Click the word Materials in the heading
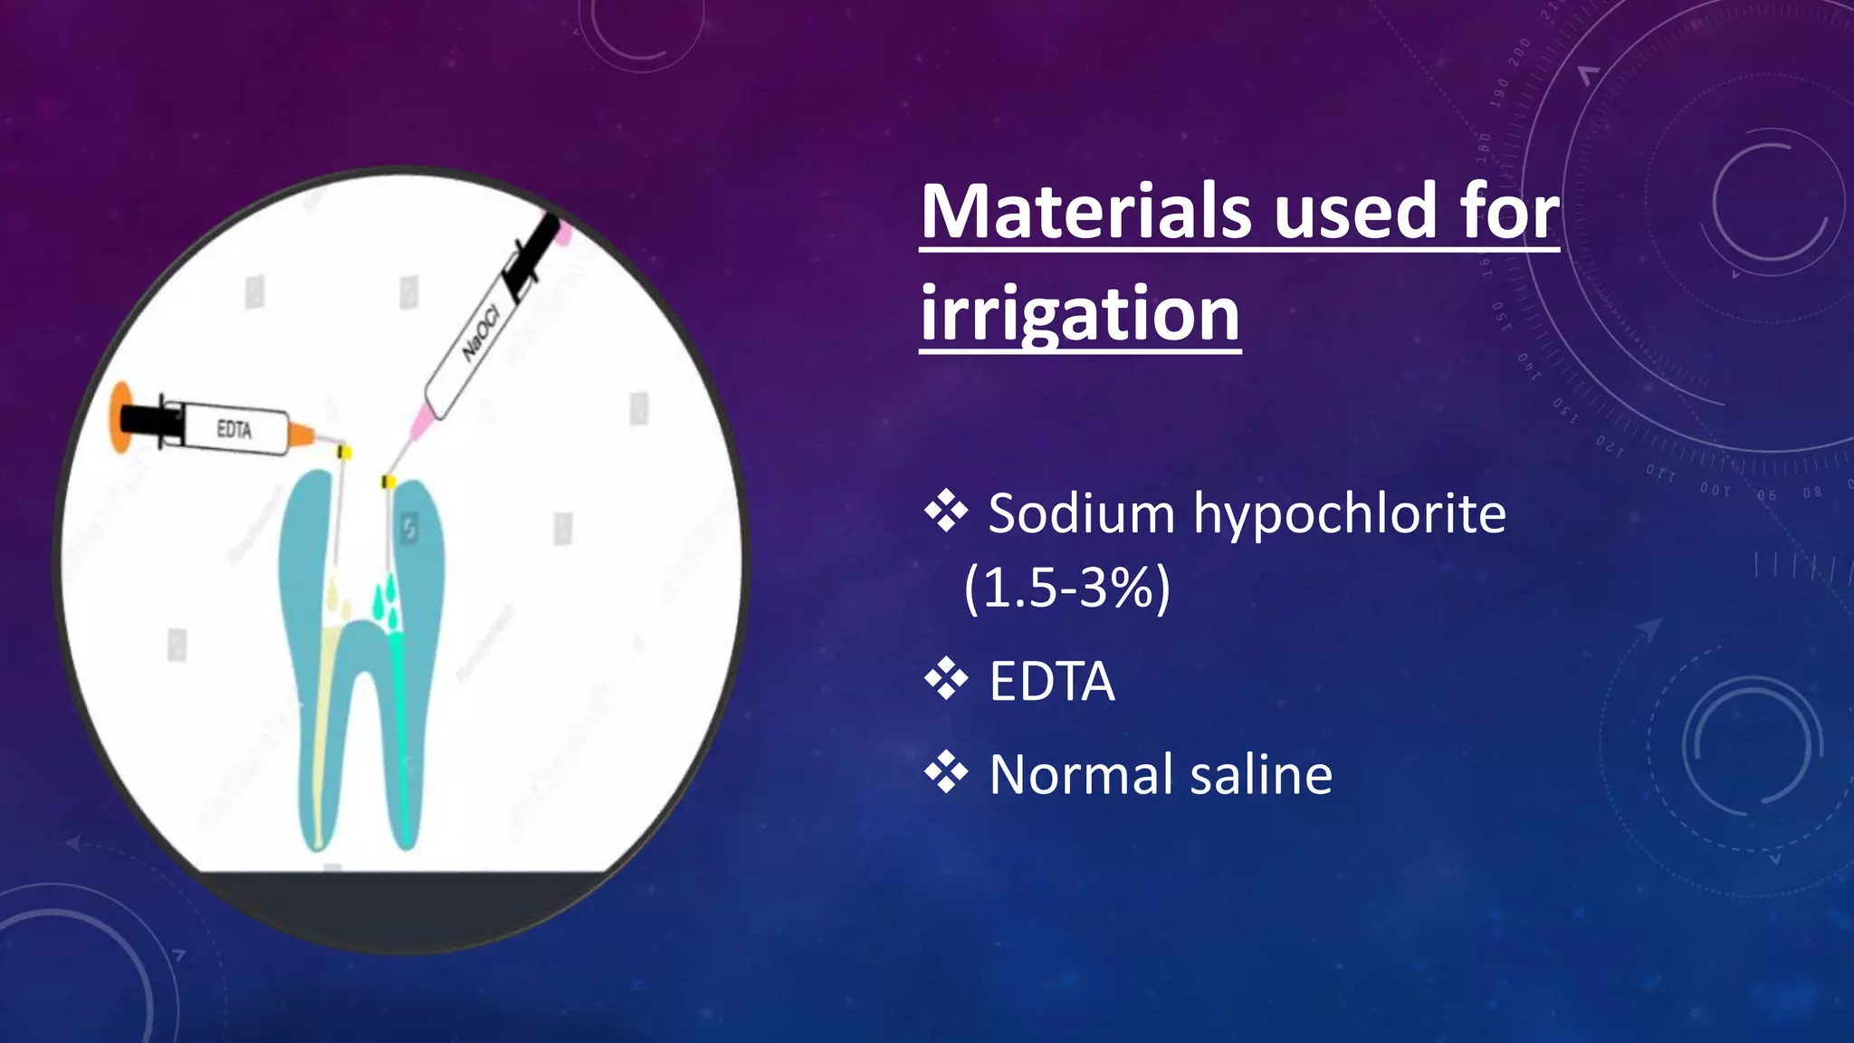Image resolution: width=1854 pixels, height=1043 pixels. pyautogui.click(x=1086, y=212)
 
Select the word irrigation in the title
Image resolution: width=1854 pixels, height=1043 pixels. pyautogui.click(x=1080, y=313)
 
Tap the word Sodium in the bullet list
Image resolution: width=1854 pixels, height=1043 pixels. pyautogui.click(x=1081, y=514)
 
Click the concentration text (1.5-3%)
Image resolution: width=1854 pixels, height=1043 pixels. pyautogui.click(x=1066, y=588)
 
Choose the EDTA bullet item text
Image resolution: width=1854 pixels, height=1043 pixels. pyautogui.click(x=1052, y=682)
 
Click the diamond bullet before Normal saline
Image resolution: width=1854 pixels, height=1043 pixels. pyautogui.click(x=946, y=773)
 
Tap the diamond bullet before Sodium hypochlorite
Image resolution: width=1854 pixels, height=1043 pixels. pyautogui.click(x=946, y=512)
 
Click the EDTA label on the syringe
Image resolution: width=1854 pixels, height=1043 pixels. pyautogui.click(x=234, y=429)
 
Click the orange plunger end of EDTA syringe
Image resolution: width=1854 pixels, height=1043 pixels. pyautogui.click(x=120, y=417)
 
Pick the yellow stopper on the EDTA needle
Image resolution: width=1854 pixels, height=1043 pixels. pyautogui.click(x=343, y=451)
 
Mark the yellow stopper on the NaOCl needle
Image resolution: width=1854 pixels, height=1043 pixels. pyautogui.click(x=388, y=481)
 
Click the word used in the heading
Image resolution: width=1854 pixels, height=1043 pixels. pyautogui.click(x=1355, y=212)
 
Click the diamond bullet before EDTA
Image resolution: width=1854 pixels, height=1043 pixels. pyautogui.click(x=946, y=680)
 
